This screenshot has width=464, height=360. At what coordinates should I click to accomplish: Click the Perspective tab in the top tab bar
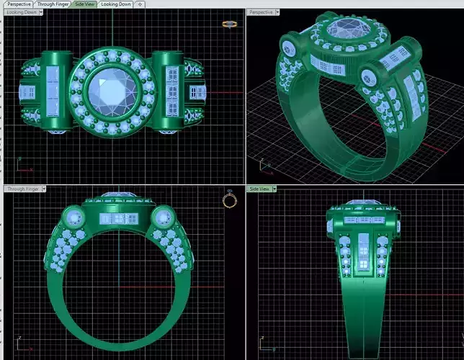pyautogui.click(x=19, y=4)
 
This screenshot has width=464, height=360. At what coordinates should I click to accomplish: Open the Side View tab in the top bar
pyautogui.click(x=85, y=4)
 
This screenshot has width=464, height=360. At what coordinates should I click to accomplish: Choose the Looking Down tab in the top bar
pyautogui.click(x=115, y=4)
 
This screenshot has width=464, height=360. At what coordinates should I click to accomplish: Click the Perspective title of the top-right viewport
pyautogui.click(x=262, y=12)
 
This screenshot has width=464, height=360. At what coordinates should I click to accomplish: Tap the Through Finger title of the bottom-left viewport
pyautogui.click(x=22, y=189)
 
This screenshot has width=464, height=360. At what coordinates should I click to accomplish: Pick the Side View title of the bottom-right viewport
pyautogui.click(x=260, y=189)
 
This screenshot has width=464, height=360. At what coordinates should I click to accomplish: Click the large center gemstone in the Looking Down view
pyautogui.click(x=113, y=92)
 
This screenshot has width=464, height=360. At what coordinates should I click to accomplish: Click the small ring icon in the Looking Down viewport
pyautogui.click(x=230, y=24)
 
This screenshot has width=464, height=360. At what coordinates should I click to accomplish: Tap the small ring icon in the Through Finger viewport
pyautogui.click(x=230, y=199)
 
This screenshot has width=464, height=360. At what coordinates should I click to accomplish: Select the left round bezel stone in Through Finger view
pyautogui.click(x=72, y=217)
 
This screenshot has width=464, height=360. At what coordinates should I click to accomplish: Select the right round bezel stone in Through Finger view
pyautogui.click(x=164, y=217)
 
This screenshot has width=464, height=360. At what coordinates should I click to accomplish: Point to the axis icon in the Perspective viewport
pyautogui.click(x=266, y=166)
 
